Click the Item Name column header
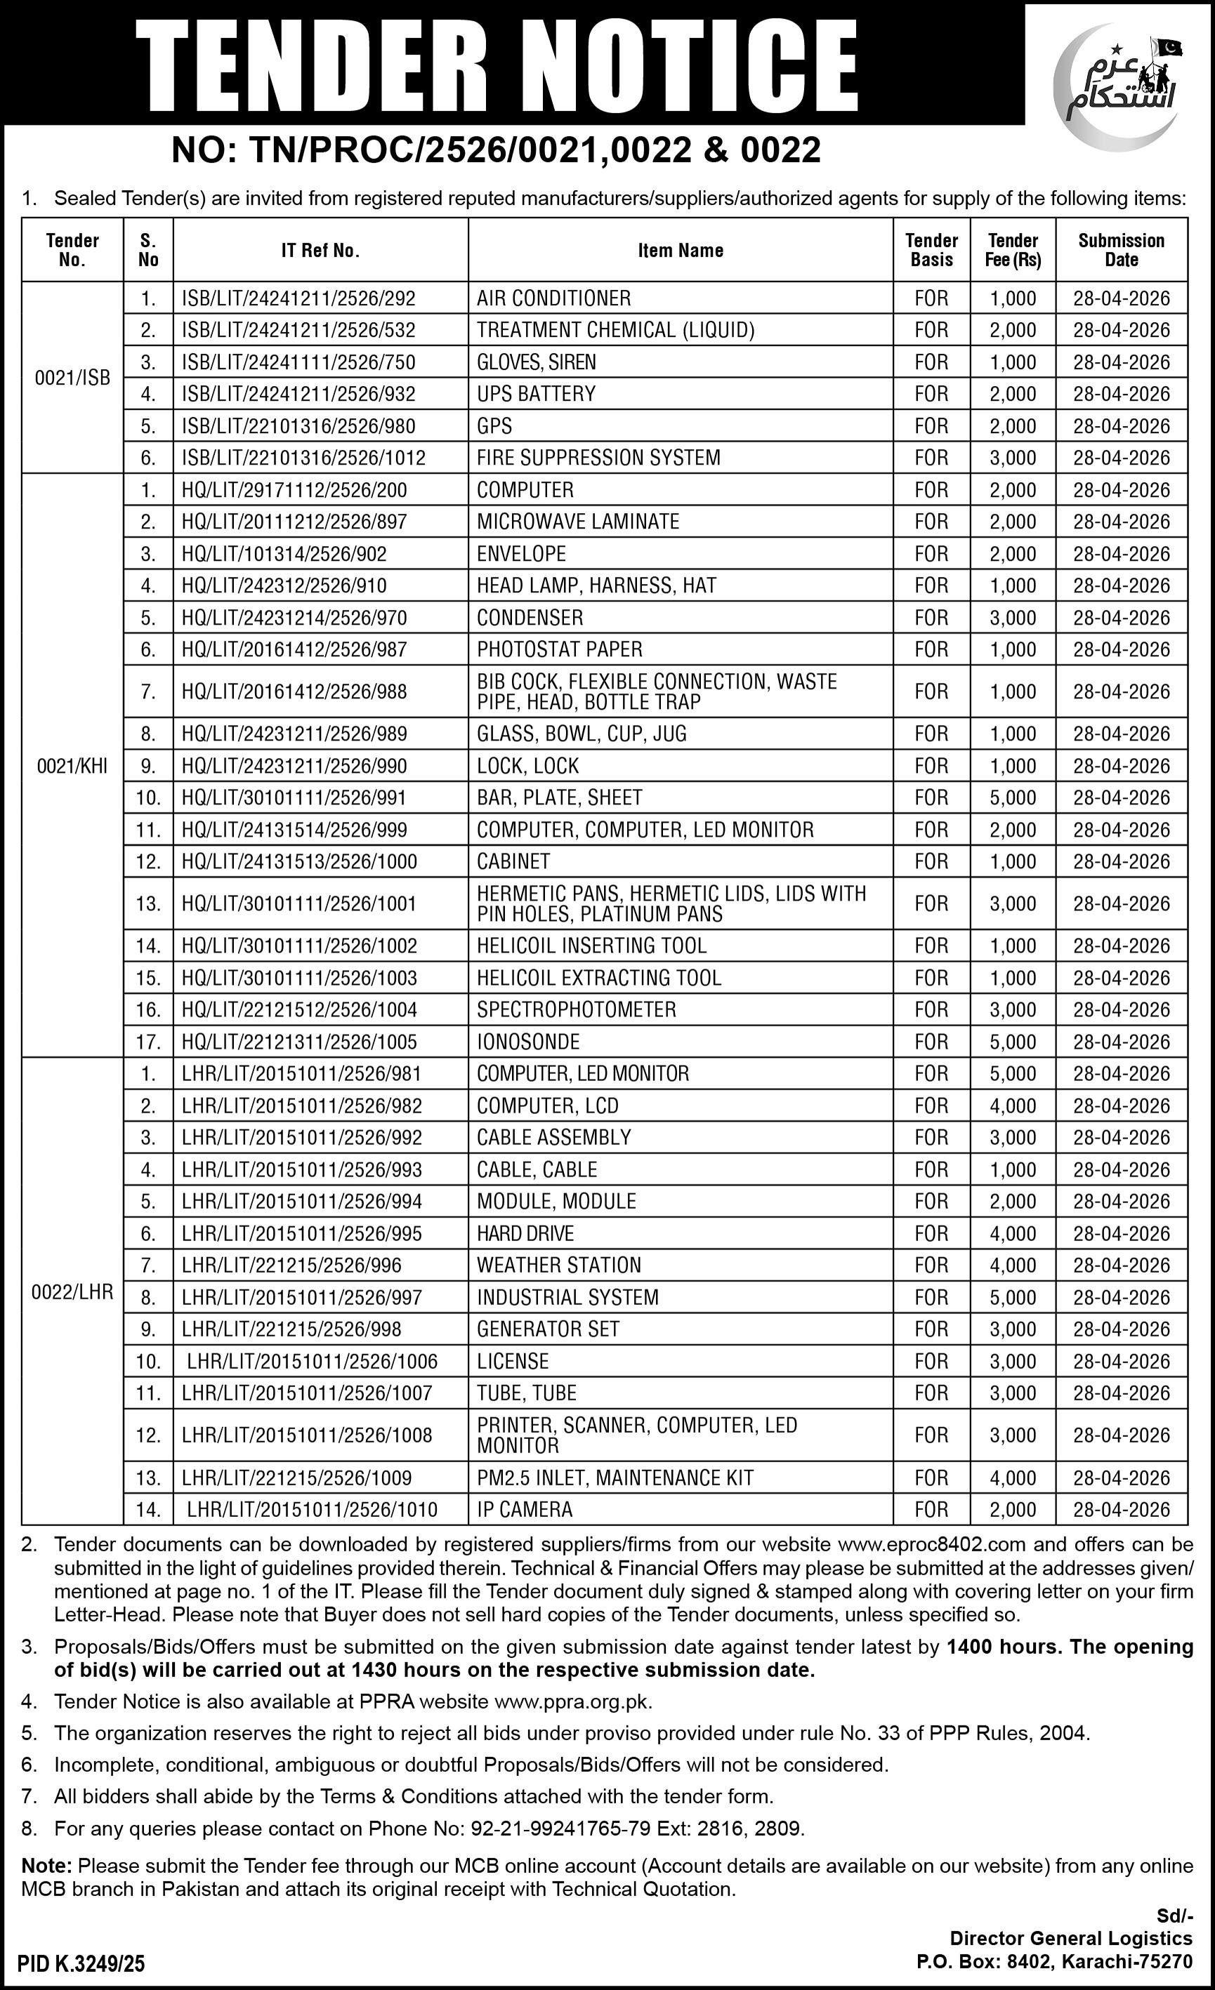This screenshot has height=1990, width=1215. point(681,251)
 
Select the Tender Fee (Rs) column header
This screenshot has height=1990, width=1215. point(1013,251)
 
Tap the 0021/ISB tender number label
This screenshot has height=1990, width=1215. point(73,377)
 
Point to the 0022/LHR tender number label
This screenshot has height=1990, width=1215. point(73,1292)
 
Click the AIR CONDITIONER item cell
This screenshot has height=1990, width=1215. point(553,298)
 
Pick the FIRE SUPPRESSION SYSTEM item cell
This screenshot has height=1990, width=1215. point(598,458)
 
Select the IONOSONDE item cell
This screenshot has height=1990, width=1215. point(528,1042)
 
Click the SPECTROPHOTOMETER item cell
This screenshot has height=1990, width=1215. point(576,1009)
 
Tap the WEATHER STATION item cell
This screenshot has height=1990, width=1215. point(558,1266)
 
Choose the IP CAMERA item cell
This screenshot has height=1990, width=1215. point(525,1509)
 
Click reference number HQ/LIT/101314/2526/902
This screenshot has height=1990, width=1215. point(284,554)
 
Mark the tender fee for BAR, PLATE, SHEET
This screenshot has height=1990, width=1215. point(1013,798)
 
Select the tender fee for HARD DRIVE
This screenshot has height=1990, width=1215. point(1013,1233)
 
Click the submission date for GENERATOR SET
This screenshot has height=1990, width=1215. point(1122,1329)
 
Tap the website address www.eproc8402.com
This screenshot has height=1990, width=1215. point(931,1544)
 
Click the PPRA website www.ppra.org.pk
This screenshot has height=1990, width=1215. point(572,1702)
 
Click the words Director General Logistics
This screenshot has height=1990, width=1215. point(1070,1938)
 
